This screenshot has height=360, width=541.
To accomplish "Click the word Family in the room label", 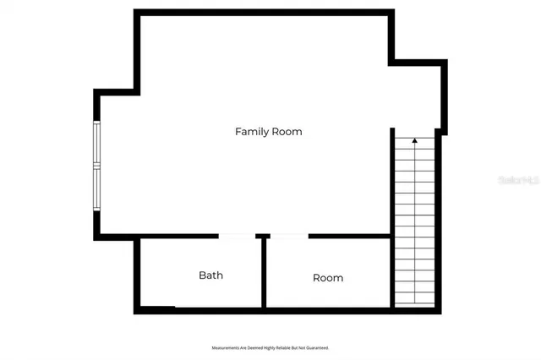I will [x=250, y=132].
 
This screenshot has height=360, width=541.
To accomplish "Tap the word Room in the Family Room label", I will [x=287, y=132].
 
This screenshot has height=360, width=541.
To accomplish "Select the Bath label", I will [x=210, y=275].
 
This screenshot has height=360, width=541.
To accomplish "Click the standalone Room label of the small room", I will [x=328, y=277].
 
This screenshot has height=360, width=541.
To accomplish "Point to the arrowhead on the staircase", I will [x=414, y=140].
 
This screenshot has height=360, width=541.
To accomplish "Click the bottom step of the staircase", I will [x=414, y=300].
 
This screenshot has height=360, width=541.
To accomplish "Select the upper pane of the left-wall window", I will [x=97, y=145].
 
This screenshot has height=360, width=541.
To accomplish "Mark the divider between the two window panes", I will [x=97, y=166].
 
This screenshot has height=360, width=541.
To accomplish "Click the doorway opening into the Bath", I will [x=238, y=237].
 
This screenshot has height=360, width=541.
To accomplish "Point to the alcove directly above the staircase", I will [x=416, y=97].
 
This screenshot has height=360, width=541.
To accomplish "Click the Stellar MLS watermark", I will [x=517, y=180].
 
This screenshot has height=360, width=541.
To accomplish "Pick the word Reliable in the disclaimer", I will [x=280, y=347].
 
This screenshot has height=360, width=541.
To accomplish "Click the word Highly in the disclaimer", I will [x=264, y=347].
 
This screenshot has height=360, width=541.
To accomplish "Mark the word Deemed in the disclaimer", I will [x=249, y=347].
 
